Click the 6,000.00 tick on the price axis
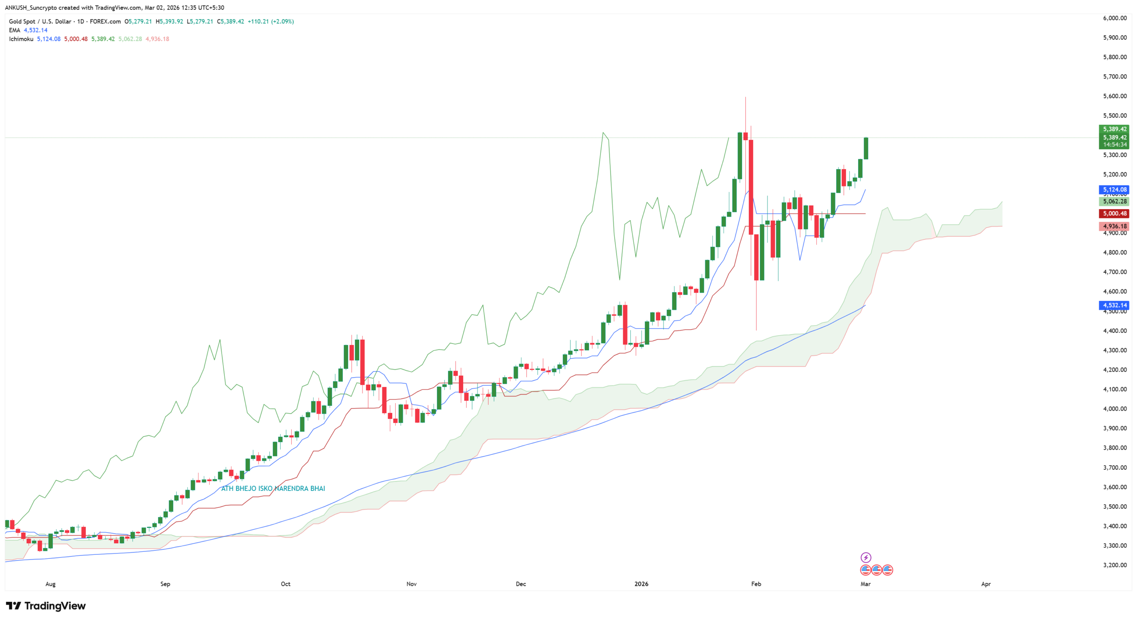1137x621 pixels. [1114, 18]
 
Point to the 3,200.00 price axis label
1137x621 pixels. [1114, 565]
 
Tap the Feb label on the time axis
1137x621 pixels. [756, 584]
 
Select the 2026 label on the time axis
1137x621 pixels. [641, 584]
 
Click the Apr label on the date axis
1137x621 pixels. [986, 584]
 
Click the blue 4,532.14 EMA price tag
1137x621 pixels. [1114, 305]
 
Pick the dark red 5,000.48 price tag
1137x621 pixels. [1114, 214]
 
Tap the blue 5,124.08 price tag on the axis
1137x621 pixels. [1114, 190]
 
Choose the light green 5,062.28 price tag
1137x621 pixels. [1114, 202]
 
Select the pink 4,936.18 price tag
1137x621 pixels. [1114, 226]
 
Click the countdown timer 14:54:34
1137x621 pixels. [1114, 145]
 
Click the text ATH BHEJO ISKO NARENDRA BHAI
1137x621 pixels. [273, 488]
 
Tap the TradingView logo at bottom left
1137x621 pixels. [46, 606]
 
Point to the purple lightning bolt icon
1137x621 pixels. [866, 558]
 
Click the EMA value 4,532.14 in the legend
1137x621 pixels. [36, 30]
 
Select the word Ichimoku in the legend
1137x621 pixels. [21, 39]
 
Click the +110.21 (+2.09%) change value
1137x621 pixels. [270, 21]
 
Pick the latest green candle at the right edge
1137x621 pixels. [866, 148]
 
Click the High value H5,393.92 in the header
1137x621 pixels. [169, 21]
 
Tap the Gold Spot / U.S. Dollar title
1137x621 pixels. [40, 21]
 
